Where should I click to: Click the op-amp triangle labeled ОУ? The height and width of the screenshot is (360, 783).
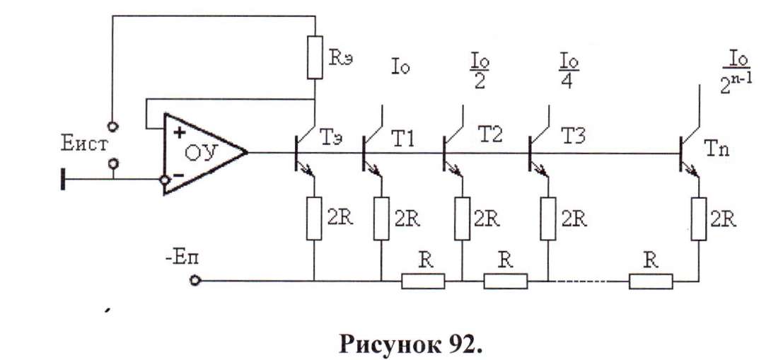click(x=202, y=153)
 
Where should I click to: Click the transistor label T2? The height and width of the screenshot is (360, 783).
click(x=490, y=134)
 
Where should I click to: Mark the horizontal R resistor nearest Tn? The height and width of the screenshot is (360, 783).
click(x=650, y=281)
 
